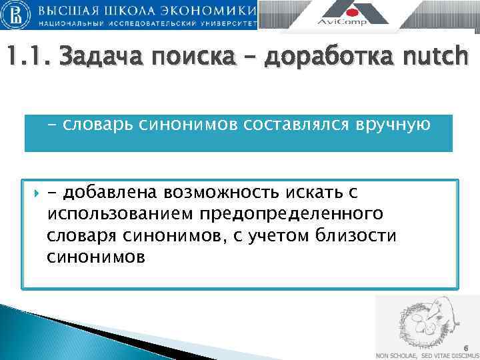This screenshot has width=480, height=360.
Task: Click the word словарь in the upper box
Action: point(93,125)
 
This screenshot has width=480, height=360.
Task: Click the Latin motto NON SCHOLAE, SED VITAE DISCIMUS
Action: point(427,355)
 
